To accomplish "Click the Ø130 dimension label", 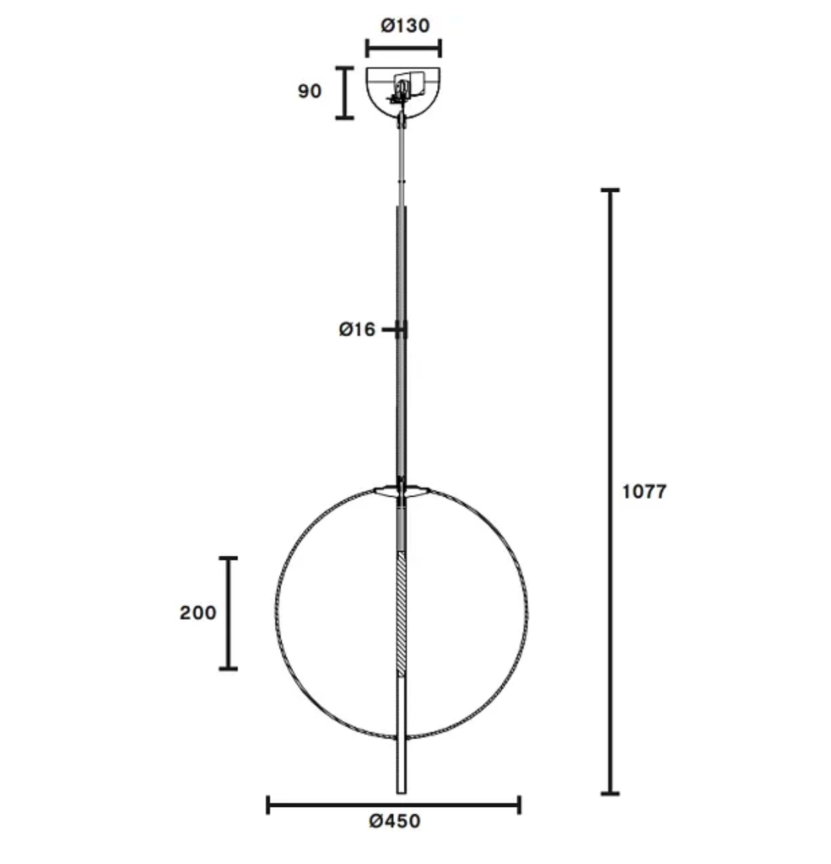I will (x=405, y=26).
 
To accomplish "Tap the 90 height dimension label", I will (x=309, y=90).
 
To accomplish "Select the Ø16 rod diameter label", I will (x=357, y=330).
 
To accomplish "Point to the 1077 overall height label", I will (x=644, y=491).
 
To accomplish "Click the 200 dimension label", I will (x=198, y=613).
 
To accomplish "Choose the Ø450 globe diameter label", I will (x=394, y=821).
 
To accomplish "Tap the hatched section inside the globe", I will (x=402, y=612).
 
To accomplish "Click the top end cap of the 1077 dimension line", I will (x=610, y=190).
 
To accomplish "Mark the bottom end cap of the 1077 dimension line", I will (x=610, y=793).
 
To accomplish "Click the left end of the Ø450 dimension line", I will (x=269, y=805).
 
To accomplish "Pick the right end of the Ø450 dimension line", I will (x=519, y=805).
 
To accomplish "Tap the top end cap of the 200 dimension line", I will (x=228, y=559).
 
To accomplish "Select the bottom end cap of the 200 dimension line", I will (x=228, y=669).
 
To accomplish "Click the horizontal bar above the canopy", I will (x=403, y=48).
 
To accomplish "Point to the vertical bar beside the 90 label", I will (x=345, y=93).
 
